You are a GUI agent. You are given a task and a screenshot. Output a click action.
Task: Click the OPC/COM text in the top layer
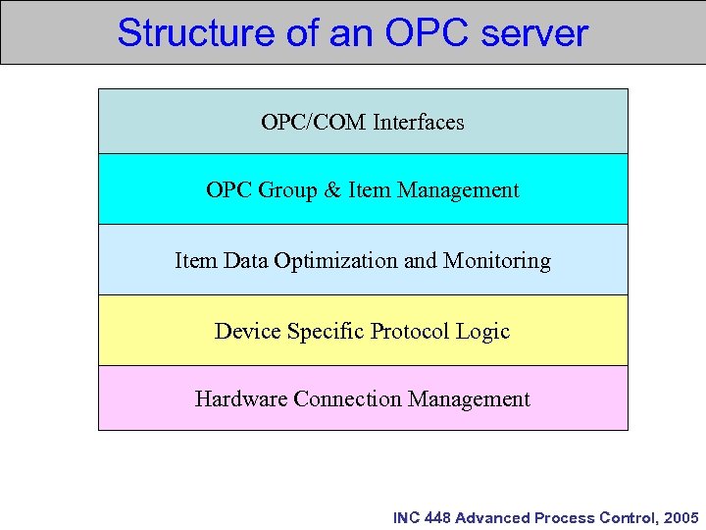coord(313,122)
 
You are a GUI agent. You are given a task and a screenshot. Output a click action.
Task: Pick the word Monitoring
coord(497,261)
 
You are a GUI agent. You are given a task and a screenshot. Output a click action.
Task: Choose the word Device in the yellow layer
coord(247,332)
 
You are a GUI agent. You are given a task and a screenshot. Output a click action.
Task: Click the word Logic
coord(482,332)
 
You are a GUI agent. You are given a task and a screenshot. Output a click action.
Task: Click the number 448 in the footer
coord(438,517)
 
